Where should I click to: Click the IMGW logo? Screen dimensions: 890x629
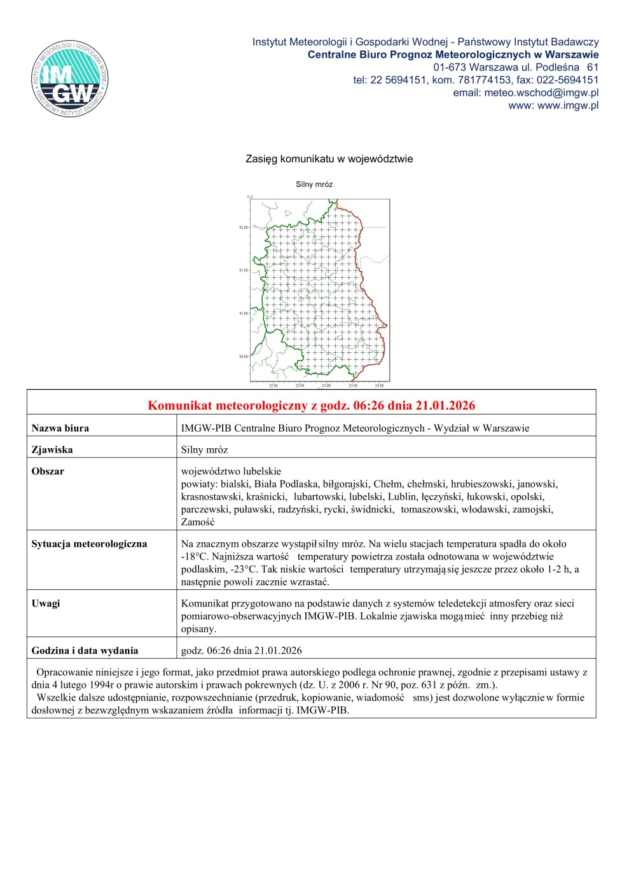coord(70,79)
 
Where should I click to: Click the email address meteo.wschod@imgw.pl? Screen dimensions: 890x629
coord(541,93)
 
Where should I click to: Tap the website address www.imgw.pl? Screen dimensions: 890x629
coord(568,106)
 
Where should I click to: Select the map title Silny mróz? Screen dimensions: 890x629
coord(314,184)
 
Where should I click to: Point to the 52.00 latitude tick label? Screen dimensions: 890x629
coord(244,227)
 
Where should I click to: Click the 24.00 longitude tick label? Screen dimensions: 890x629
coord(379,386)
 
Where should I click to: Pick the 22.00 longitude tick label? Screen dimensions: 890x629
coord(273,386)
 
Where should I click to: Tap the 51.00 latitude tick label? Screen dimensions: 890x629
coord(244,313)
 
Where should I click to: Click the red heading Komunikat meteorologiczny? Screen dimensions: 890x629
coord(311,406)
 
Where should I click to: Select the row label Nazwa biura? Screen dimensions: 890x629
coord(60,428)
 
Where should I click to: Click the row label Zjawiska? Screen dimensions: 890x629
coord(52,450)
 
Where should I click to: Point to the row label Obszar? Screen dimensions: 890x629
coord(48,472)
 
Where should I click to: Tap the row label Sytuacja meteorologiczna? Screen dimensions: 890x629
coord(89,544)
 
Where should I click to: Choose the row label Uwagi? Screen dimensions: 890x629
coord(46,604)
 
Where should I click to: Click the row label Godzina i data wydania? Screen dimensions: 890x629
coord(85,651)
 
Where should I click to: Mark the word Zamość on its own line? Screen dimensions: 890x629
coord(198,523)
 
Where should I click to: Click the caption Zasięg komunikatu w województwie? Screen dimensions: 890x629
coord(329,159)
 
